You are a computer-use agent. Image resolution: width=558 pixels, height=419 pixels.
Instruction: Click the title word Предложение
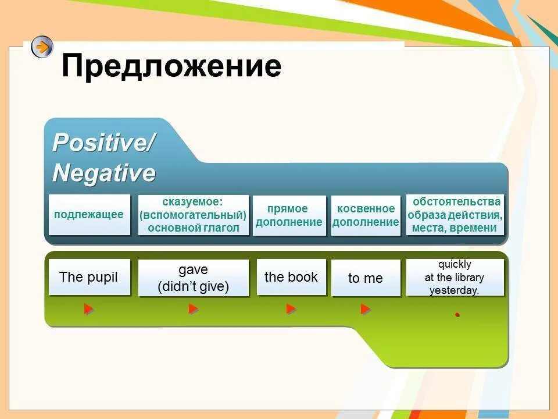point(171,66)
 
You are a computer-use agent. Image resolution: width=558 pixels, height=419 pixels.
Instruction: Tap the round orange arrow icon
point(42,47)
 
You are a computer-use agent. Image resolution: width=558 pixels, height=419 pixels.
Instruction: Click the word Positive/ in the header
point(103,143)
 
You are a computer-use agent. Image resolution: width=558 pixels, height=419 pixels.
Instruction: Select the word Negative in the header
point(104,173)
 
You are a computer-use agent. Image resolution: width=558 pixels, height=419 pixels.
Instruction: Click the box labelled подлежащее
point(89,215)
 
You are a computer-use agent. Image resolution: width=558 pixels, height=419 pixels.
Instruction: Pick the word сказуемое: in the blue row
point(193,202)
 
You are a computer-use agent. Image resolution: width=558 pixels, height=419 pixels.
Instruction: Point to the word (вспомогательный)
point(193,215)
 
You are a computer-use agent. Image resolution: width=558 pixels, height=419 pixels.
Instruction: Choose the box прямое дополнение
point(289,215)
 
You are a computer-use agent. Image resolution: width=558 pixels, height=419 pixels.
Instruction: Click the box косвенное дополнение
point(366,215)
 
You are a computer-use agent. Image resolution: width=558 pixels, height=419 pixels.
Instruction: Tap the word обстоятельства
point(456,202)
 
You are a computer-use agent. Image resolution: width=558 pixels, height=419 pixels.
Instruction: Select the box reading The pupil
point(89,277)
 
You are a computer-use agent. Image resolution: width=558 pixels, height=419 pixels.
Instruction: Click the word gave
point(193,270)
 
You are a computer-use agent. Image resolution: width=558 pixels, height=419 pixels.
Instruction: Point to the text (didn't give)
point(193,286)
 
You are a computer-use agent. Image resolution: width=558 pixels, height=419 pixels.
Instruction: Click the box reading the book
point(291,277)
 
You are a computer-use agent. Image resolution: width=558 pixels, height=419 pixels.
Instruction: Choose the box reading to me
point(365,278)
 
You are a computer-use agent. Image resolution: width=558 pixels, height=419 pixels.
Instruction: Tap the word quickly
point(455,264)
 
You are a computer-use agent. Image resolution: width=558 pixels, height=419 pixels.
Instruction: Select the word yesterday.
point(454,290)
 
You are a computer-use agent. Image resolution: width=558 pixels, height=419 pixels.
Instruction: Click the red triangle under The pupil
point(88,309)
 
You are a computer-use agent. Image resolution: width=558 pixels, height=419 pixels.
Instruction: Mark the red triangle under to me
point(365,309)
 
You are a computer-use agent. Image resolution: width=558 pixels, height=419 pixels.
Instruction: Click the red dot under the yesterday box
point(457,315)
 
